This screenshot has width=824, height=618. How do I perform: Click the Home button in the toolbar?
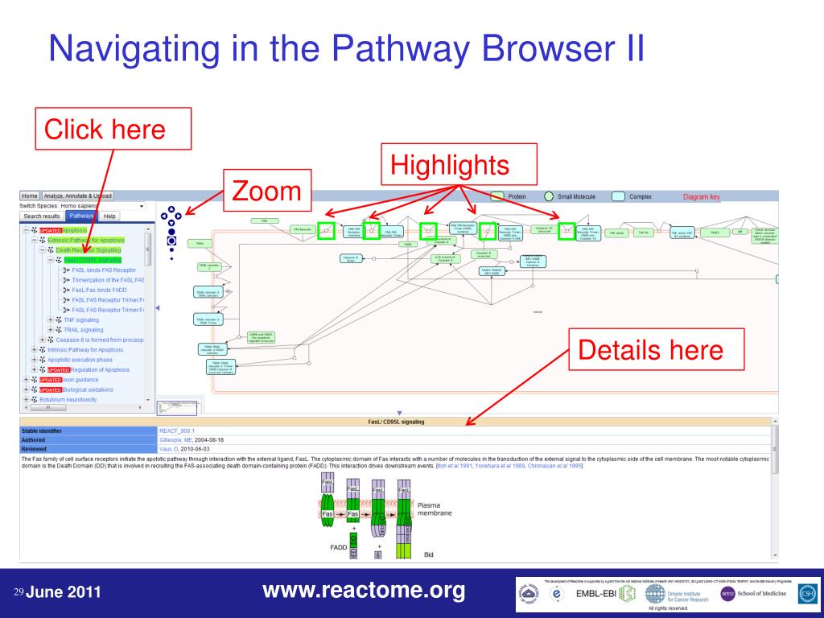click(30, 196)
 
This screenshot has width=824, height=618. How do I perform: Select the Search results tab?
click(41, 216)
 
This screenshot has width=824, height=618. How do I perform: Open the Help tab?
click(109, 216)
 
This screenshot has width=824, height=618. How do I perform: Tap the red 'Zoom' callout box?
click(266, 192)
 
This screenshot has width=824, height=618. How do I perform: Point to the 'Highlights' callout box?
click(450, 165)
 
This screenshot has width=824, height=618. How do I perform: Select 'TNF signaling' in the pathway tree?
click(81, 319)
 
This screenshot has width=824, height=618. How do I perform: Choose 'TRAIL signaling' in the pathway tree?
click(84, 329)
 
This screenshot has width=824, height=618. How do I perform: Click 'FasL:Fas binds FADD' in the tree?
click(100, 290)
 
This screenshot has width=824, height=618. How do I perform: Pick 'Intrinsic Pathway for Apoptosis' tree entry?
click(85, 349)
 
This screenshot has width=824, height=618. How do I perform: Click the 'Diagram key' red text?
click(702, 196)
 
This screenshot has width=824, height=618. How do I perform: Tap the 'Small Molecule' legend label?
click(577, 196)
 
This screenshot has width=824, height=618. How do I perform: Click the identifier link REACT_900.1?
click(177, 431)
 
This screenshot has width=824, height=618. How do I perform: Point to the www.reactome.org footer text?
click(364, 591)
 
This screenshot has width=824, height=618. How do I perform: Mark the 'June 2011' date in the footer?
click(64, 594)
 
